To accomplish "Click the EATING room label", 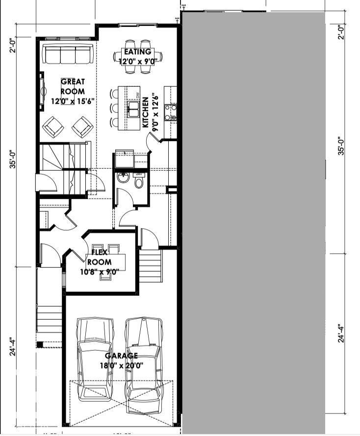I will click(x=137, y=52).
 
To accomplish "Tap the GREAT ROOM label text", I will click(x=73, y=86).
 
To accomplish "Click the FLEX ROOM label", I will click(x=103, y=257).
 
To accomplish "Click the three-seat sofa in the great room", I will click(x=68, y=54).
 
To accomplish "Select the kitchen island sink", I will click(x=132, y=108).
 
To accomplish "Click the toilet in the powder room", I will click(x=139, y=182).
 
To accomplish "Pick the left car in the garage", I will click(x=96, y=358).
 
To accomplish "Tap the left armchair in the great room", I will click(x=53, y=128).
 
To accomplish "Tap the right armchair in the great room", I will click(x=82, y=128).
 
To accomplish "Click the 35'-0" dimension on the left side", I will click(x=14, y=160).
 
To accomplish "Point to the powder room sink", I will click(x=123, y=177).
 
